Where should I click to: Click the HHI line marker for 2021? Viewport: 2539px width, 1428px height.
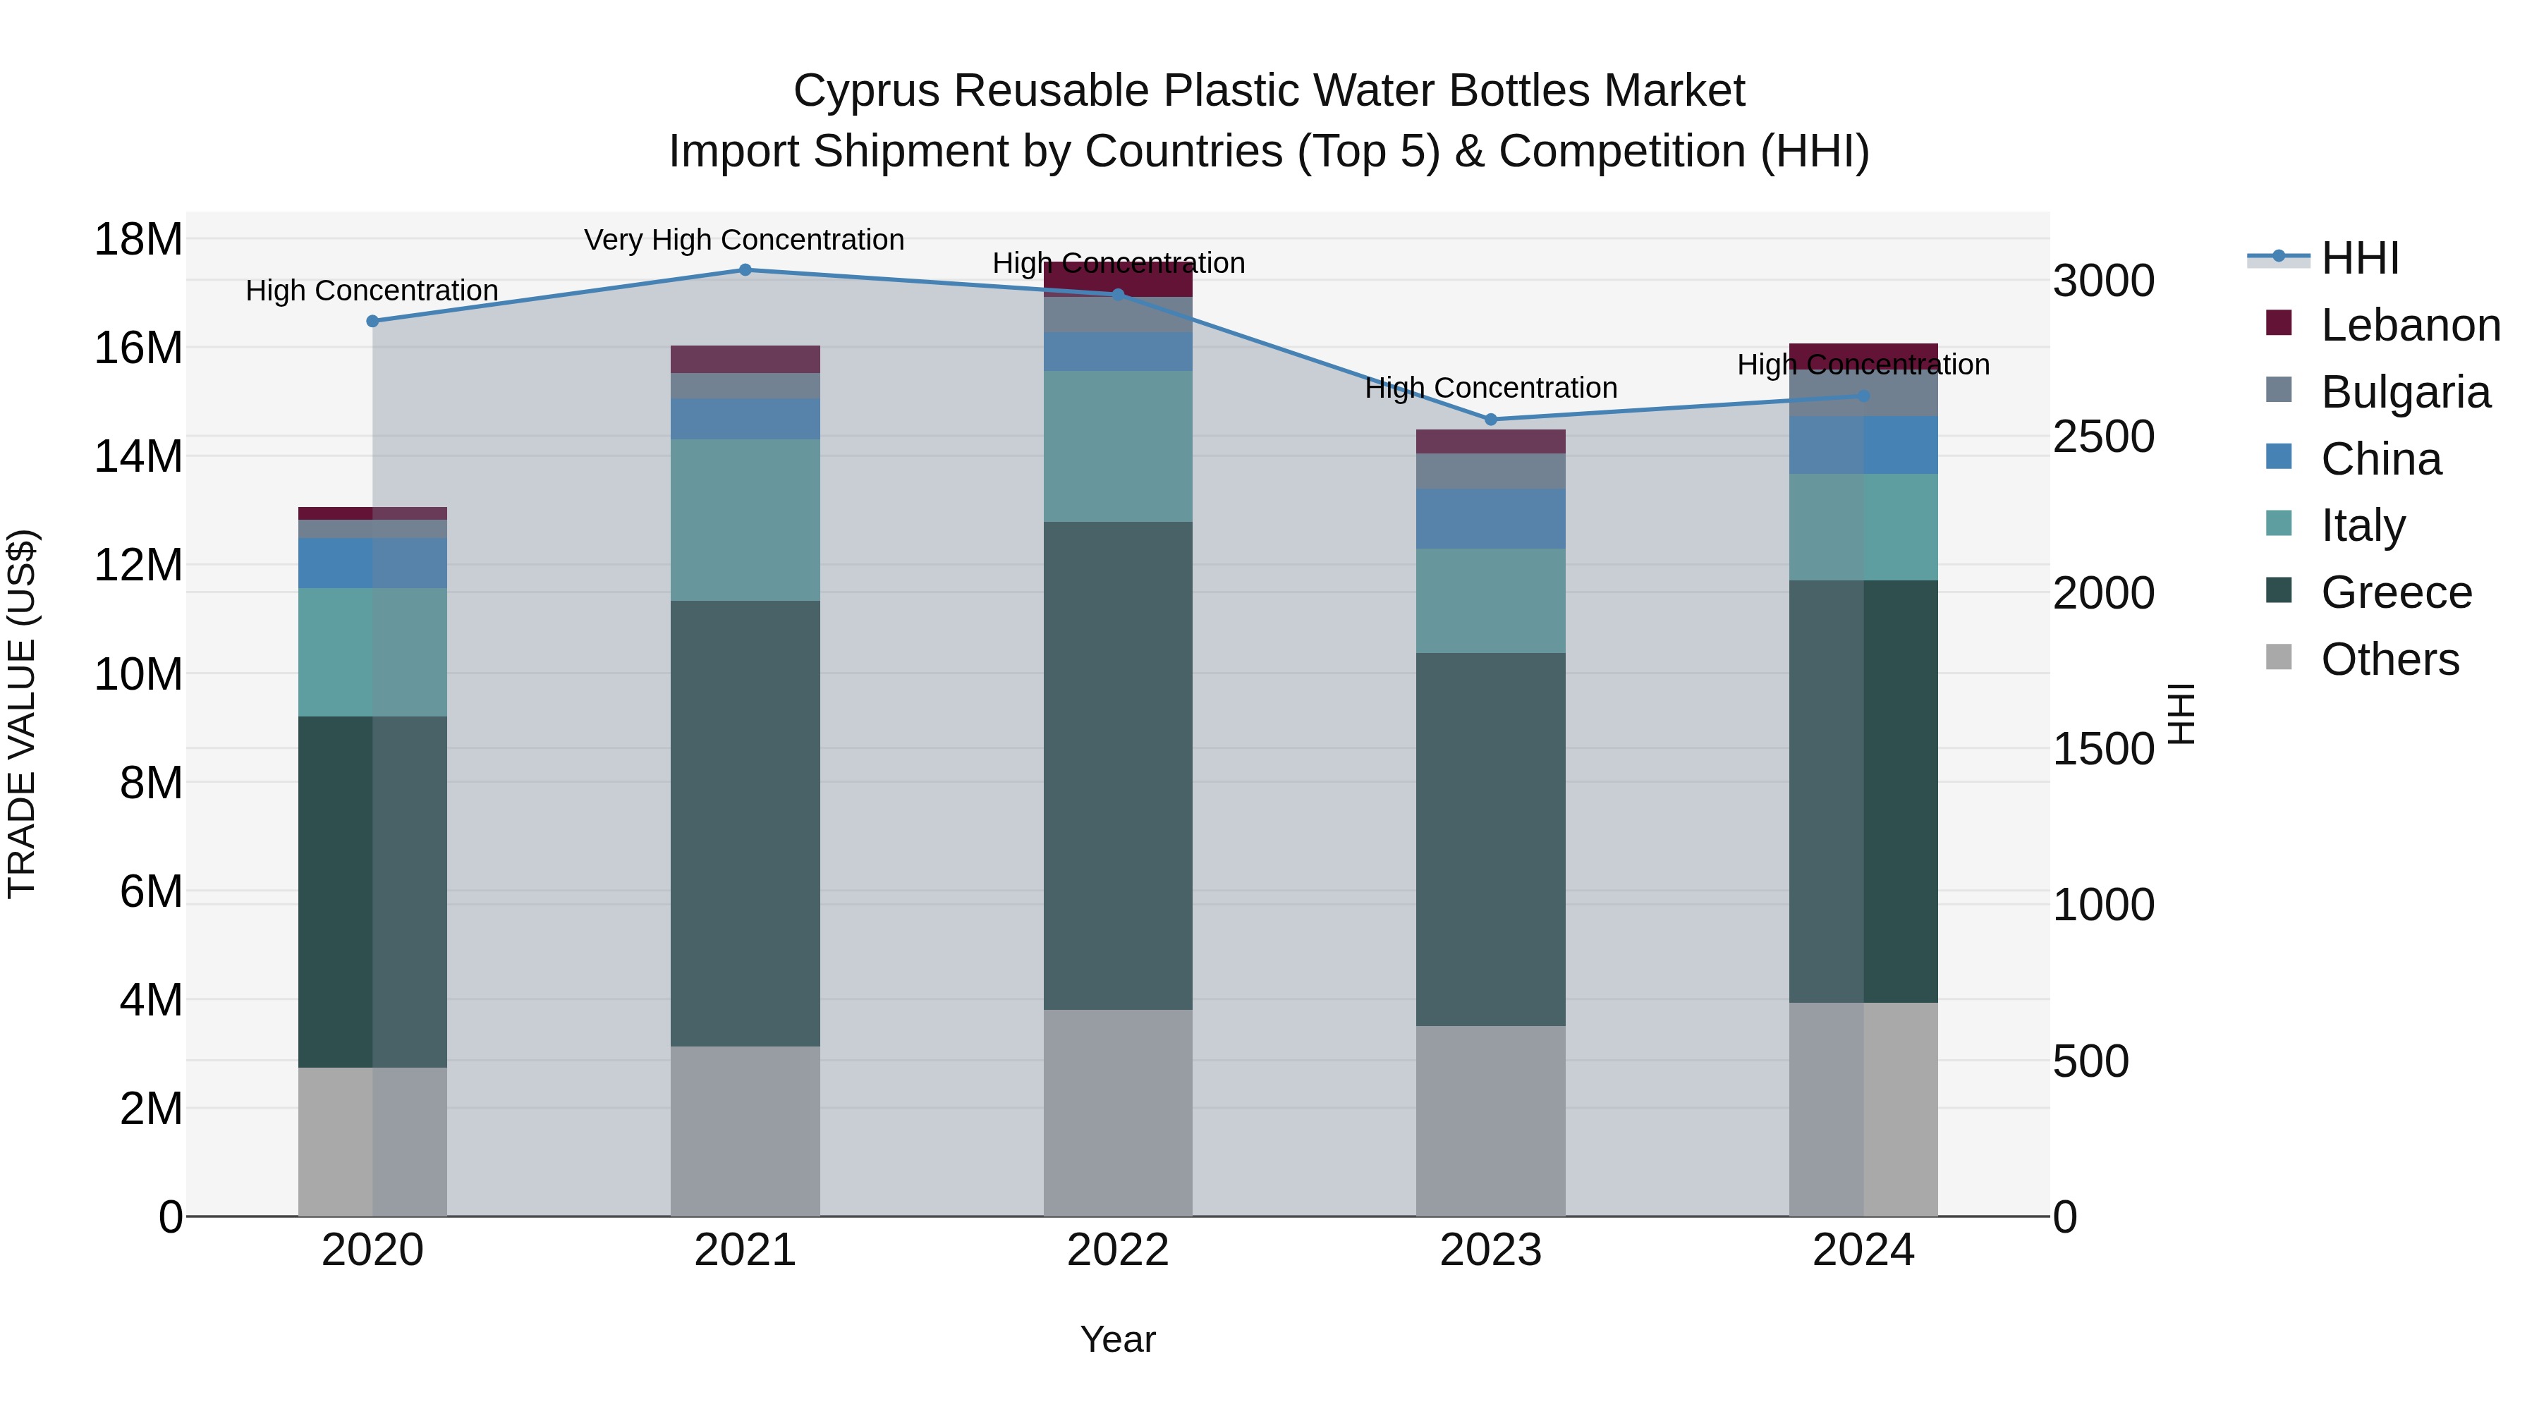coord(745,270)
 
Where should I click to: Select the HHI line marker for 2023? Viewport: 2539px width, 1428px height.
coord(1490,420)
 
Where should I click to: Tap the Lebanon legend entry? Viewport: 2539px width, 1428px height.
coord(2409,325)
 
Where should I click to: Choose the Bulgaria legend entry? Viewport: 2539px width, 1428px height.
coord(2404,392)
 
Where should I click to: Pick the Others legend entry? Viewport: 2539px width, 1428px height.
coord(2389,659)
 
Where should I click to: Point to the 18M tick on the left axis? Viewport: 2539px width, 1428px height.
coord(138,240)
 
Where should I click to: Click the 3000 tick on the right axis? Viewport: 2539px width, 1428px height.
coord(2103,281)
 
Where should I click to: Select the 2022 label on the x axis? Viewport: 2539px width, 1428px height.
coord(1118,1250)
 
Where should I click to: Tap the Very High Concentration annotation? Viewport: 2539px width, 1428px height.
coord(744,240)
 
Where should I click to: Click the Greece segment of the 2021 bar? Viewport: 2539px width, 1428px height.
coord(745,823)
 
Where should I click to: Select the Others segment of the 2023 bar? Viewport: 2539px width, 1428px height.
coord(1490,1121)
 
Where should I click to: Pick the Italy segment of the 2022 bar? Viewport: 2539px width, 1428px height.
coord(1118,446)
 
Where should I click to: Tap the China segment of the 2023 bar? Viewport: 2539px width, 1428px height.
coord(1490,518)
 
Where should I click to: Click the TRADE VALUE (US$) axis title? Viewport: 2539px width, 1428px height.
coord(22,714)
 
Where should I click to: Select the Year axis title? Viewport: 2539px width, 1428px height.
coord(1118,1339)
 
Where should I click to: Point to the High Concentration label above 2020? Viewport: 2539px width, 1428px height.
coord(372,291)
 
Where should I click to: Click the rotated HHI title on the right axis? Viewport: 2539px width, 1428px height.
coord(2182,714)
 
